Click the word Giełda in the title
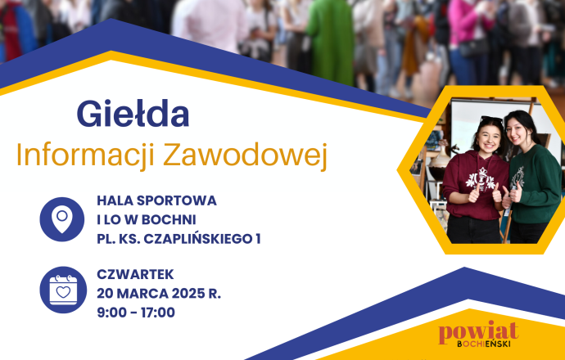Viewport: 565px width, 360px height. [133, 115]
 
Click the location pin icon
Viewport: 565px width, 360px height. [62, 219]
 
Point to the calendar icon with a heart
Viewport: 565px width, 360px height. [62, 290]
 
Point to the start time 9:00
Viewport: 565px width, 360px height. [113, 313]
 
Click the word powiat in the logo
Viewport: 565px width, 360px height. [478, 332]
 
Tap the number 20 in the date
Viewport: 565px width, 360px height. [106, 293]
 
